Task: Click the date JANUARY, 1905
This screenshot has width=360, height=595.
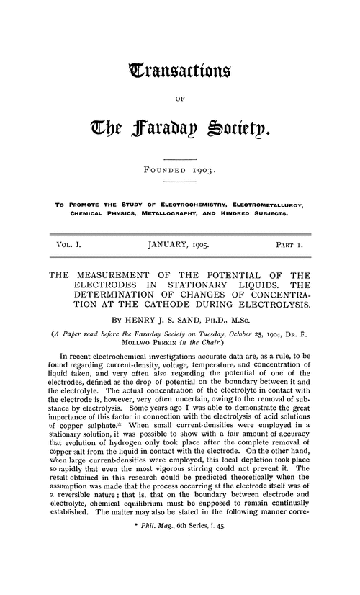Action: pyautogui.click(x=179, y=245)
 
